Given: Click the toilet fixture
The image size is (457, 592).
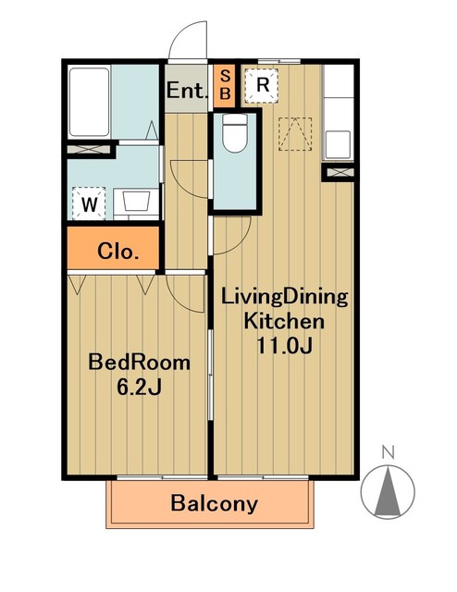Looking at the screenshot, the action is (x=235, y=132).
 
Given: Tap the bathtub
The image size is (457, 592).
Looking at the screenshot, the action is (x=89, y=102).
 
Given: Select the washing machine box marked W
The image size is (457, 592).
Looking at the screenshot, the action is (x=89, y=203).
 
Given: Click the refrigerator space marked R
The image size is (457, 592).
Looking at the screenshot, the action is (x=262, y=86).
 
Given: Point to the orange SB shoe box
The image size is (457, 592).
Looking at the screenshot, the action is (x=225, y=86).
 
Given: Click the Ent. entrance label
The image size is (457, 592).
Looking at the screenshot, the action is (x=187, y=91).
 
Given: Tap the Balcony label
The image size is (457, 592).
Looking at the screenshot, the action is (x=214, y=503).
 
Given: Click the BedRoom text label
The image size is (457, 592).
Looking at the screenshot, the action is (x=140, y=362).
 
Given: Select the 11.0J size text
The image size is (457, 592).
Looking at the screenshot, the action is (x=284, y=345).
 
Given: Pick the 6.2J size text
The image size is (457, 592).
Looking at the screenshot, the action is (x=140, y=387).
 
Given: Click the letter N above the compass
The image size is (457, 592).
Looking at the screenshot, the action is (x=389, y=452).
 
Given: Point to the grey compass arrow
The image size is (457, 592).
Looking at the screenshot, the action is (x=388, y=491).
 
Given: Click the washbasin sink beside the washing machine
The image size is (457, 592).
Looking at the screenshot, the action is (x=136, y=200).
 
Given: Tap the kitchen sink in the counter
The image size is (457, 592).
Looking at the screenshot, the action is (x=338, y=144).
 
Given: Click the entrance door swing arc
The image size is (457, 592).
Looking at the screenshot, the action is (x=180, y=35).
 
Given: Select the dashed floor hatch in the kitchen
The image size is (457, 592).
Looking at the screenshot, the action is (x=295, y=134).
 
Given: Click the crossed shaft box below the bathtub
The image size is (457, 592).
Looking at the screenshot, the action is (x=90, y=149).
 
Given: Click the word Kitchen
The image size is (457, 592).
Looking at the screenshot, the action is (x=284, y=321).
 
